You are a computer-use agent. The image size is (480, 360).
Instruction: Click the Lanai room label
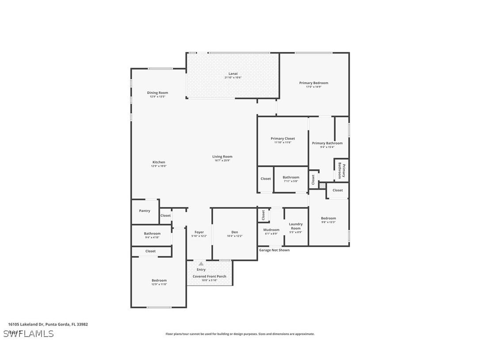click(232, 73)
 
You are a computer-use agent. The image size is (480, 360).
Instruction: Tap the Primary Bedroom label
click(313, 83)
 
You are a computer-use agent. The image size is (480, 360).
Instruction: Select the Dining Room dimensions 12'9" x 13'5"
click(157, 97)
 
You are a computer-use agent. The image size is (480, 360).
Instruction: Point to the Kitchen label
click(159, 162)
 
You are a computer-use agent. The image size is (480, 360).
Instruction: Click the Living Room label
click(222, 157)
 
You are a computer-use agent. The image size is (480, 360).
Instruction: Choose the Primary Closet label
click(282, 138)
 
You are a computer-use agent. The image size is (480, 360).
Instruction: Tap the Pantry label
click(145, 211)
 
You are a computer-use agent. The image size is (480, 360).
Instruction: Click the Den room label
click(234, 232)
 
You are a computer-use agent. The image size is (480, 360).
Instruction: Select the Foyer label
click(199, 232)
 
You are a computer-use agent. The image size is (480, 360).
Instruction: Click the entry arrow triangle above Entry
click(201, 264)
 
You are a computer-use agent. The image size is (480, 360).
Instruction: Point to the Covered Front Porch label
click(209, 276)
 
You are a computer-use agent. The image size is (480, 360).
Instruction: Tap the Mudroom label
click(271, 230)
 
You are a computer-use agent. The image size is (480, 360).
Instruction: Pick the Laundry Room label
click(296, 226)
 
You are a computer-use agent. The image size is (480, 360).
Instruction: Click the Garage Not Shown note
click(274, 250)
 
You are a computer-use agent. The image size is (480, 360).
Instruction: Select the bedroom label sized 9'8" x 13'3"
click(328, 218)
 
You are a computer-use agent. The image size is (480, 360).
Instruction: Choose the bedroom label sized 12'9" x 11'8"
click(159, 280)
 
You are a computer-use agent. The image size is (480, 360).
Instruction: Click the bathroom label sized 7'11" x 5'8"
click(291, 177)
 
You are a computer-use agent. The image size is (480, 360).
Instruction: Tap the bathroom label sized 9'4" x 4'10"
click(152, 234)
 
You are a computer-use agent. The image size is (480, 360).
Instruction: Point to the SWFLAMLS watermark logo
click(28, 333)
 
